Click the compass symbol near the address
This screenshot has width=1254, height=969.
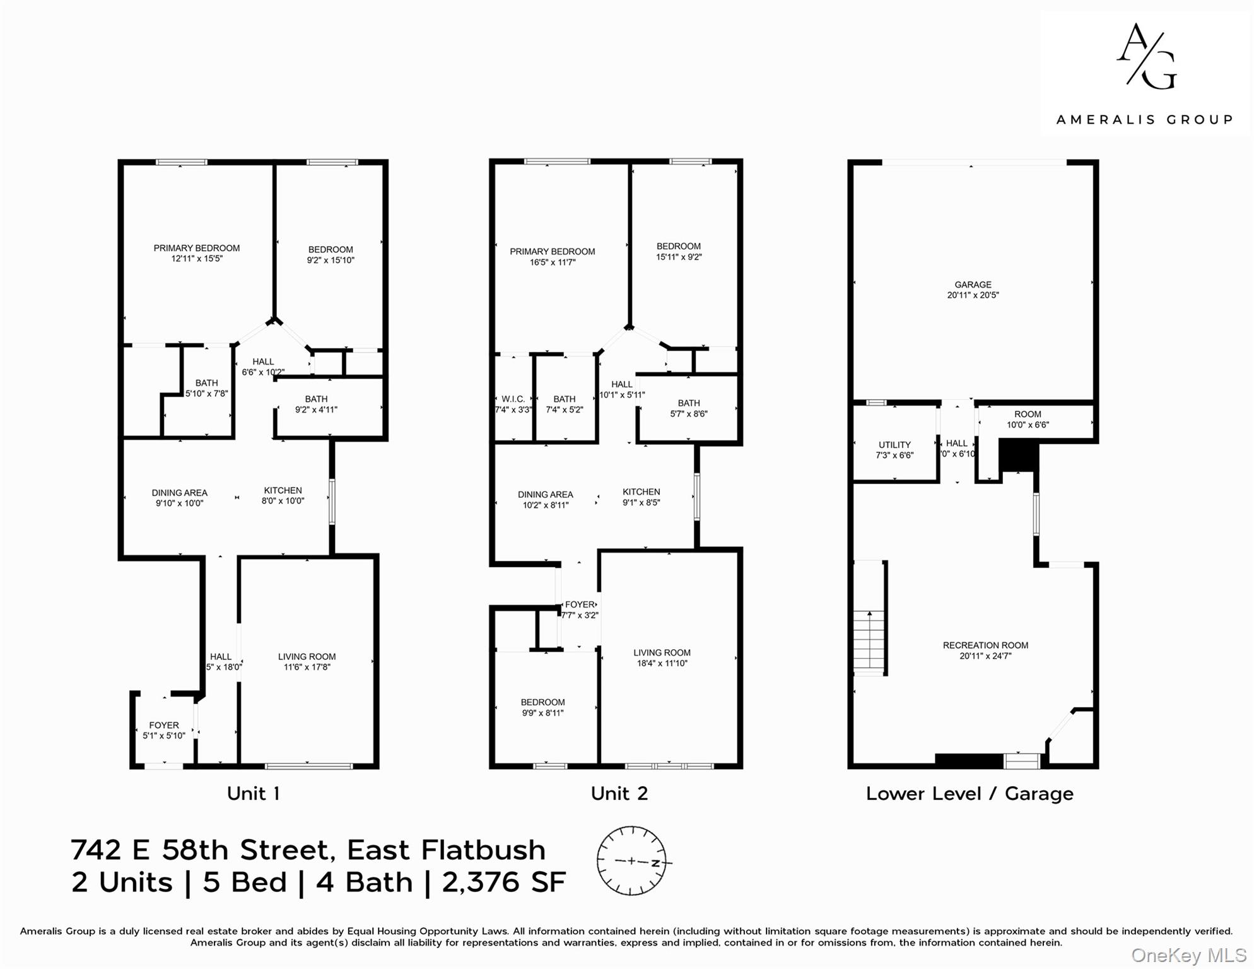tap(631, 861)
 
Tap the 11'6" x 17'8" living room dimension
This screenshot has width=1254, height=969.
tap(307, 667)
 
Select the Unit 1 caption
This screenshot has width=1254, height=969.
tap(253, 794)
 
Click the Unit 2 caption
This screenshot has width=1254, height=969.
tap(619, 794)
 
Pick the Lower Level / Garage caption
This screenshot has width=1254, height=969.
tap(969, 794)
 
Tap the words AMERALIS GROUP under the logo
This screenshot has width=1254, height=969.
tap(1144, 120)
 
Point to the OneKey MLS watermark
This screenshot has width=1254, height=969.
tap(1188, 956)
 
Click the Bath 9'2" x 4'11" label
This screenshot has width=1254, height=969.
tap(316, 404)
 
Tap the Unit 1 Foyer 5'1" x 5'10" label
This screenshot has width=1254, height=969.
tap(164, 731)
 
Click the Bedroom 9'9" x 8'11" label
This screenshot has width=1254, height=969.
tap(542, 708)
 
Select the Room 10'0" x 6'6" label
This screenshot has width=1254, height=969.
tap(1028, 420)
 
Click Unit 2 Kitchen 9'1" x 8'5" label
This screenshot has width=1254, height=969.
tap(641, 497)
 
